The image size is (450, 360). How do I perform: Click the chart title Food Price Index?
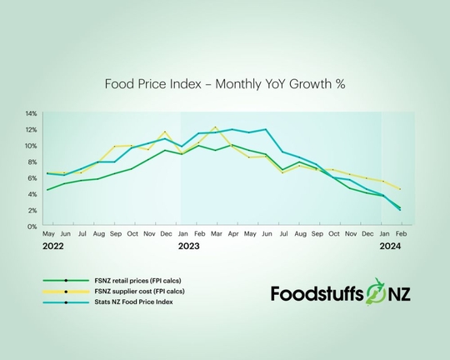224,84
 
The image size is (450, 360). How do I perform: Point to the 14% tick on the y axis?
31,113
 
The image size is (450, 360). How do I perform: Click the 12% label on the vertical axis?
31,129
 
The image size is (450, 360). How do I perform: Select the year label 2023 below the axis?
188,247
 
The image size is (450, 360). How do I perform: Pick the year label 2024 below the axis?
390,247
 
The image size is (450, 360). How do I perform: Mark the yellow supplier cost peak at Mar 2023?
216,127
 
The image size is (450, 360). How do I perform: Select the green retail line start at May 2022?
47,190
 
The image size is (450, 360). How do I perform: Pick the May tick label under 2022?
48,234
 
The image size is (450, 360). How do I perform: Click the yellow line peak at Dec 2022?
165,132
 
